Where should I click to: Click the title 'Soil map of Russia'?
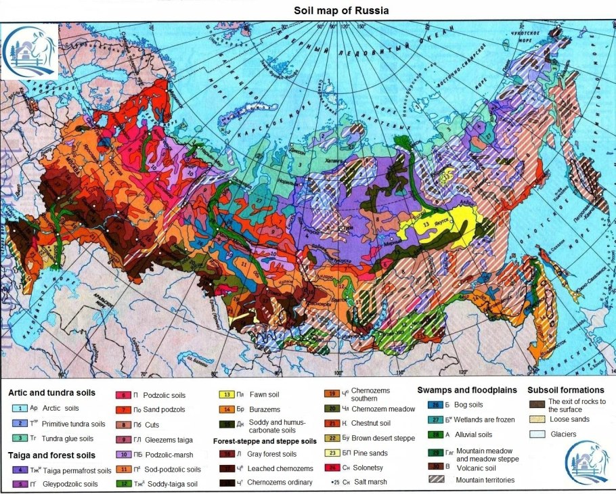341,11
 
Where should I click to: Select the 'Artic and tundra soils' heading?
52,392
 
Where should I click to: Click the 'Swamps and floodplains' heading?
467,390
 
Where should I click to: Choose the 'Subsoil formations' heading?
565,390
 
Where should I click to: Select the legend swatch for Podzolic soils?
125,395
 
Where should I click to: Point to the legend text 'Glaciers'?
564,434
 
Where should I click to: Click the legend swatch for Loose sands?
537,420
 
